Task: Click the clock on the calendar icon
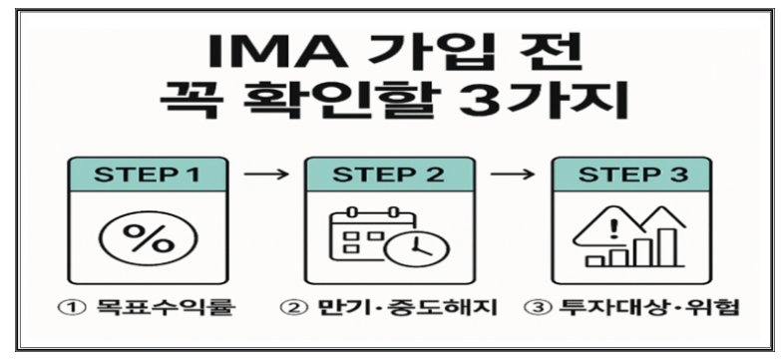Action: point(417,250)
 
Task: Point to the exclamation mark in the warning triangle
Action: point(612,228)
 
